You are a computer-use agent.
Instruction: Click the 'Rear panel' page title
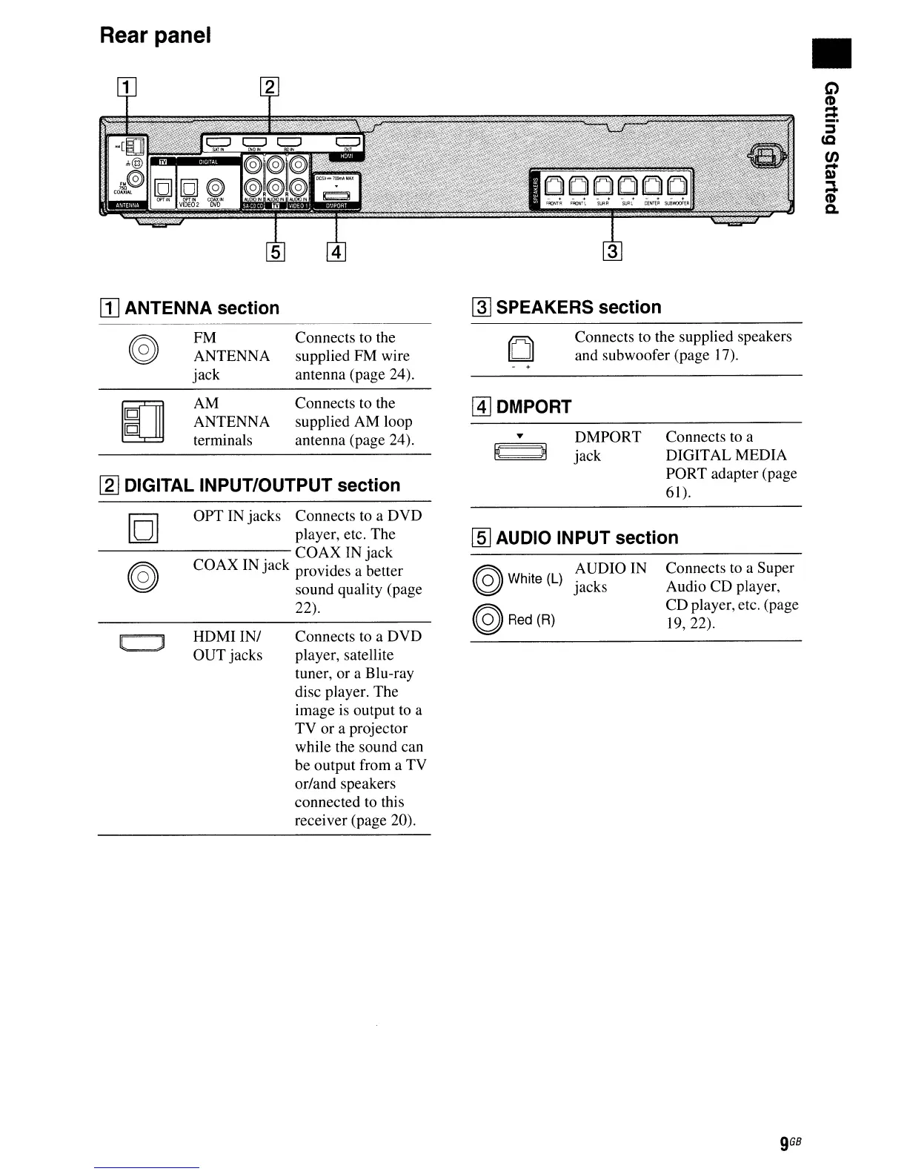coord(156,35)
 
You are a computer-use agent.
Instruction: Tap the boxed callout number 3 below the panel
coord(613,251)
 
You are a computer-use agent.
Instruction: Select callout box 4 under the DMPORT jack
coord(336,252)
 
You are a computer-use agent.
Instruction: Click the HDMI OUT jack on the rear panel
coord(348,142)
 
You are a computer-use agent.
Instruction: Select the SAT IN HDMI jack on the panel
coord(218,142)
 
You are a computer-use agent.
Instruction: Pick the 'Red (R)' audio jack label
coord(531,620)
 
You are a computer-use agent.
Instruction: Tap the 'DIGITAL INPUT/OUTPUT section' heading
coord(262,485)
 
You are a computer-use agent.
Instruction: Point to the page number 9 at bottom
coord(784,1143)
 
